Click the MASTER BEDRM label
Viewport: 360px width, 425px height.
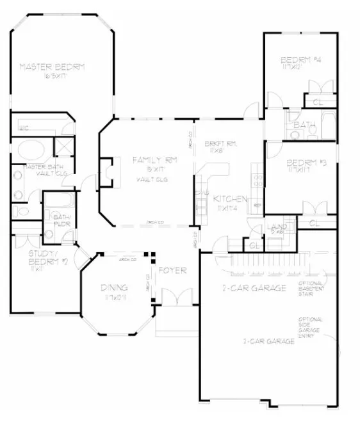(x=52, y=66)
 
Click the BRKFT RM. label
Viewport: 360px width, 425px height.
(x=220, y=144)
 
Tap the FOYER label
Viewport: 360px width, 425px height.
(x=172, y=270)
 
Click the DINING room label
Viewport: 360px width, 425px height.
(x=113, y=287)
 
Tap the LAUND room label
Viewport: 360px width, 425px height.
(x=277, y=227)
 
